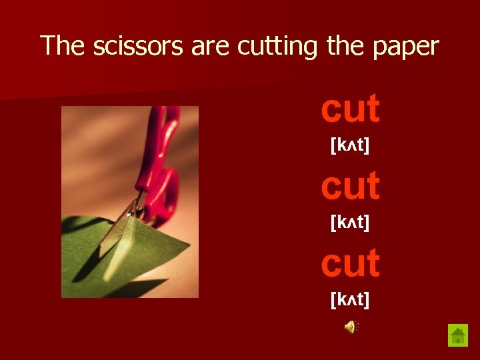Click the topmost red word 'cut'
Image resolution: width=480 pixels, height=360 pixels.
(350, 109)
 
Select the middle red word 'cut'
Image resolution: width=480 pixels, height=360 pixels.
(350, 186)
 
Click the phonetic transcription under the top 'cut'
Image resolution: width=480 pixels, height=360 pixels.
(350, 145)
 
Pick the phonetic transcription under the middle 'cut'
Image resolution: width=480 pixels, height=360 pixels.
(350, 222)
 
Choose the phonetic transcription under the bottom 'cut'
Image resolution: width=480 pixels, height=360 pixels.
(350, 299)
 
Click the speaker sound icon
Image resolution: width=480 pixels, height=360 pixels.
(351, 326)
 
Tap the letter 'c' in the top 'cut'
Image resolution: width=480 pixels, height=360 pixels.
(332, 111)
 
